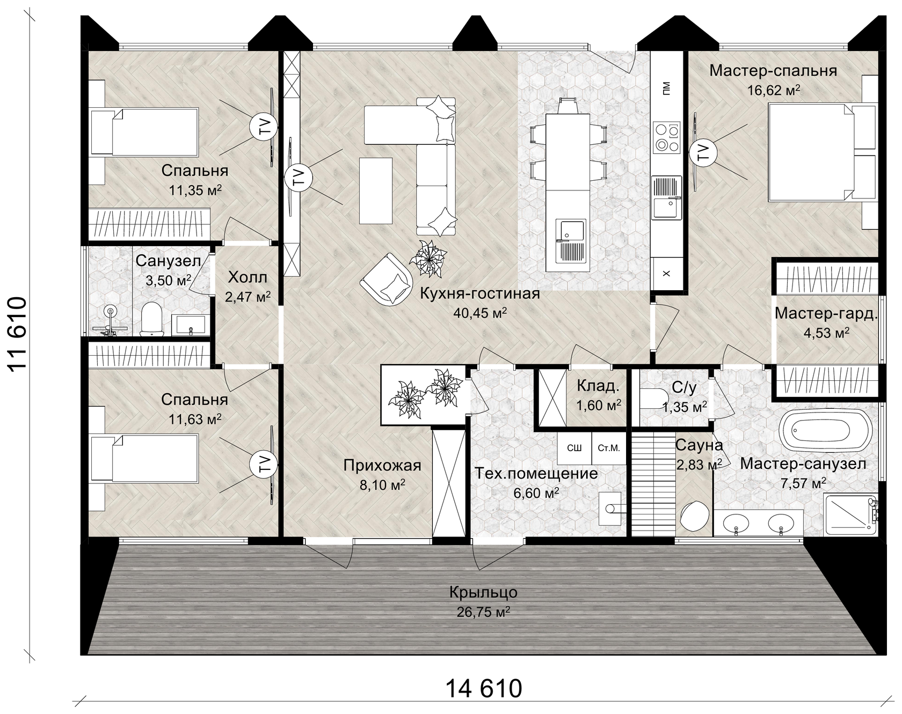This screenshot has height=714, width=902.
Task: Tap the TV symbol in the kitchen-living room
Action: click(295, 177)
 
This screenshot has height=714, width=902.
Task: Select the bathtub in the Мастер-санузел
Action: click(825, 431)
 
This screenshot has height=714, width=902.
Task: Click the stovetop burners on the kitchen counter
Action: click(666, 137)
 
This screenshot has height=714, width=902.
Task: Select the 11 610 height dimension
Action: click(17, 333)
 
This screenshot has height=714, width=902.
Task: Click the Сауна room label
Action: click(699, 445)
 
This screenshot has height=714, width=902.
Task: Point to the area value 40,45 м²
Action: click(480, 313)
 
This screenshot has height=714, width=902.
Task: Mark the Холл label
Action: click(247, 277)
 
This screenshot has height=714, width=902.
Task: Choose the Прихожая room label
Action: click(382, 465)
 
